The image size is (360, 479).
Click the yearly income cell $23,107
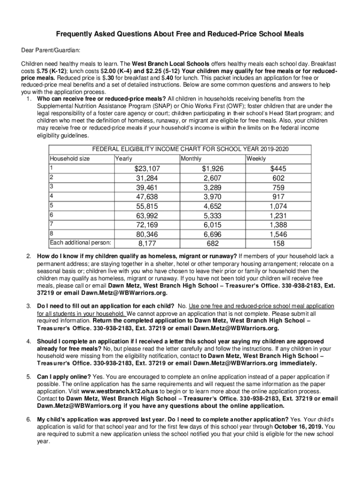(x=147, y=169)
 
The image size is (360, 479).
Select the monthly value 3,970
(x=213, y=197)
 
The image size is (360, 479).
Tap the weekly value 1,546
(x=278, y=234)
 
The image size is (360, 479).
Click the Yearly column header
(x=124, y=159)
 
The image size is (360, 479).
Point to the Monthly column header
(x=191, y=159)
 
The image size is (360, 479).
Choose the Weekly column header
(x=256, y=159)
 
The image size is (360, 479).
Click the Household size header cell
(x=70, y=159)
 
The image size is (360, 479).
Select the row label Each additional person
(x=80, y=242)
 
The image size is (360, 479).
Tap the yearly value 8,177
(x=147, y=243)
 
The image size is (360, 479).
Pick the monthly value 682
(x=213, y=243)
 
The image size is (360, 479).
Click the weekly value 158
(x=278, y=243)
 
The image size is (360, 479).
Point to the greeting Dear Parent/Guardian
(x=50, y=49)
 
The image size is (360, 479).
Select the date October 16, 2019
(x=298, y=427)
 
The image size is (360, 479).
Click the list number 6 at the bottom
(x=29, y=420)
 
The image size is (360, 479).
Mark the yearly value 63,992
(x=147, y=216)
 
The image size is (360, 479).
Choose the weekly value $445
(x=278, y=169)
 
